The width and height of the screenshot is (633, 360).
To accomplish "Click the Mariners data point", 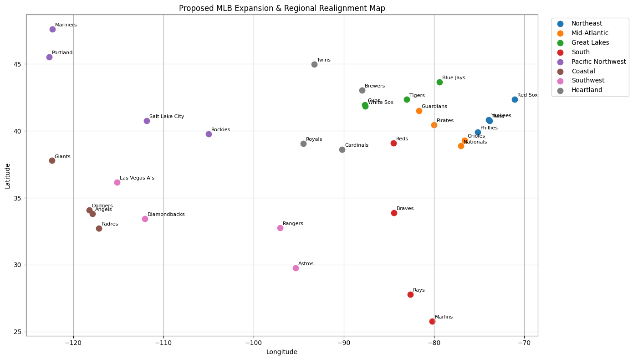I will [x=52, y=29].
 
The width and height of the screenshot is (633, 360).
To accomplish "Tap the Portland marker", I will [x=49, y=57].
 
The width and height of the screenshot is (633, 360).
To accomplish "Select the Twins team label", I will [x=323, y=60].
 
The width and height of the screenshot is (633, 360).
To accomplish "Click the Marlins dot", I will [x=432, y=321].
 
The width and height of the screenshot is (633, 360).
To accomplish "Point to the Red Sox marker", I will [x=515, y=99].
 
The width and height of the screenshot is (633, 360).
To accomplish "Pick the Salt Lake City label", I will [x=167, y=117].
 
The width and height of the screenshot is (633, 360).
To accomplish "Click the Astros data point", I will [x=296, y=268].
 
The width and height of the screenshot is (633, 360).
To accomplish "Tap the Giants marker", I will [x=52, y=160].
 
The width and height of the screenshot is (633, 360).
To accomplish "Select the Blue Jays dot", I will [x=439, y=82].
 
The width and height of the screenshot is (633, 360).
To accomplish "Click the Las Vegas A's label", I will [x=137, y=178].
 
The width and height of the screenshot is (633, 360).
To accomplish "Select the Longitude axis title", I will [x=282, y=352].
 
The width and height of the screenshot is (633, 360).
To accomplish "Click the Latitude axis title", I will [x=8, y=176].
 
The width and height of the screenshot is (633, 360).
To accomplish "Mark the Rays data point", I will [x=410, y=294].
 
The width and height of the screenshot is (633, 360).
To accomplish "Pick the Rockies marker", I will [x=209, y=134].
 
